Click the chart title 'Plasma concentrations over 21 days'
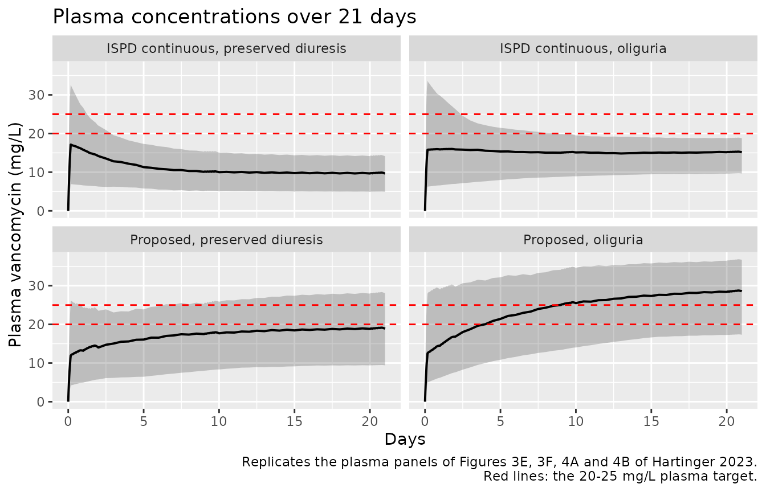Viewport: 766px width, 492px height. click(234, 17)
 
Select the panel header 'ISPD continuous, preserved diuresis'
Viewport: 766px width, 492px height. click(226, 48)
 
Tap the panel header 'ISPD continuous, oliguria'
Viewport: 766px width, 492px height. click(583, 48)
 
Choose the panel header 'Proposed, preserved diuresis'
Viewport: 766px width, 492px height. click(226, 240)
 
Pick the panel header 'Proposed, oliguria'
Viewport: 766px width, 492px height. click(583, 240)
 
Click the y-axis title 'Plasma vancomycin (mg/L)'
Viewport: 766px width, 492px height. click(15, 235)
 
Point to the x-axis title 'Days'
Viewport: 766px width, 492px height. click(405, 439)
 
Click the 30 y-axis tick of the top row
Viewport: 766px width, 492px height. click(36, 95)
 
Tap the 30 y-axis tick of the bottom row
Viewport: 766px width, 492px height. click(36, 286)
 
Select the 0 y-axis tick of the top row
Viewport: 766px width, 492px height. click(40, 211)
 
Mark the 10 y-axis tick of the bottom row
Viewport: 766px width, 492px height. click(36, 363)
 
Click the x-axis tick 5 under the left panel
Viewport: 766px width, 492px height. click(144, 421)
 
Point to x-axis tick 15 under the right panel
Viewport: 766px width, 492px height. click(651, 421)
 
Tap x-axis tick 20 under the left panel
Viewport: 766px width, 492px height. click(370, 421)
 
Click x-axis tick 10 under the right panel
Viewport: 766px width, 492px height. click(576, 421)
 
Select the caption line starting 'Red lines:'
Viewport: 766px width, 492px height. click(620, 476)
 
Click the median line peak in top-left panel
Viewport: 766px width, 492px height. click(71, 145)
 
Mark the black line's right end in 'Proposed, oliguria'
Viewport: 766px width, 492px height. click(741, 291)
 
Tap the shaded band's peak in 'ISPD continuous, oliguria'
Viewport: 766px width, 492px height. click(427, 81)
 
